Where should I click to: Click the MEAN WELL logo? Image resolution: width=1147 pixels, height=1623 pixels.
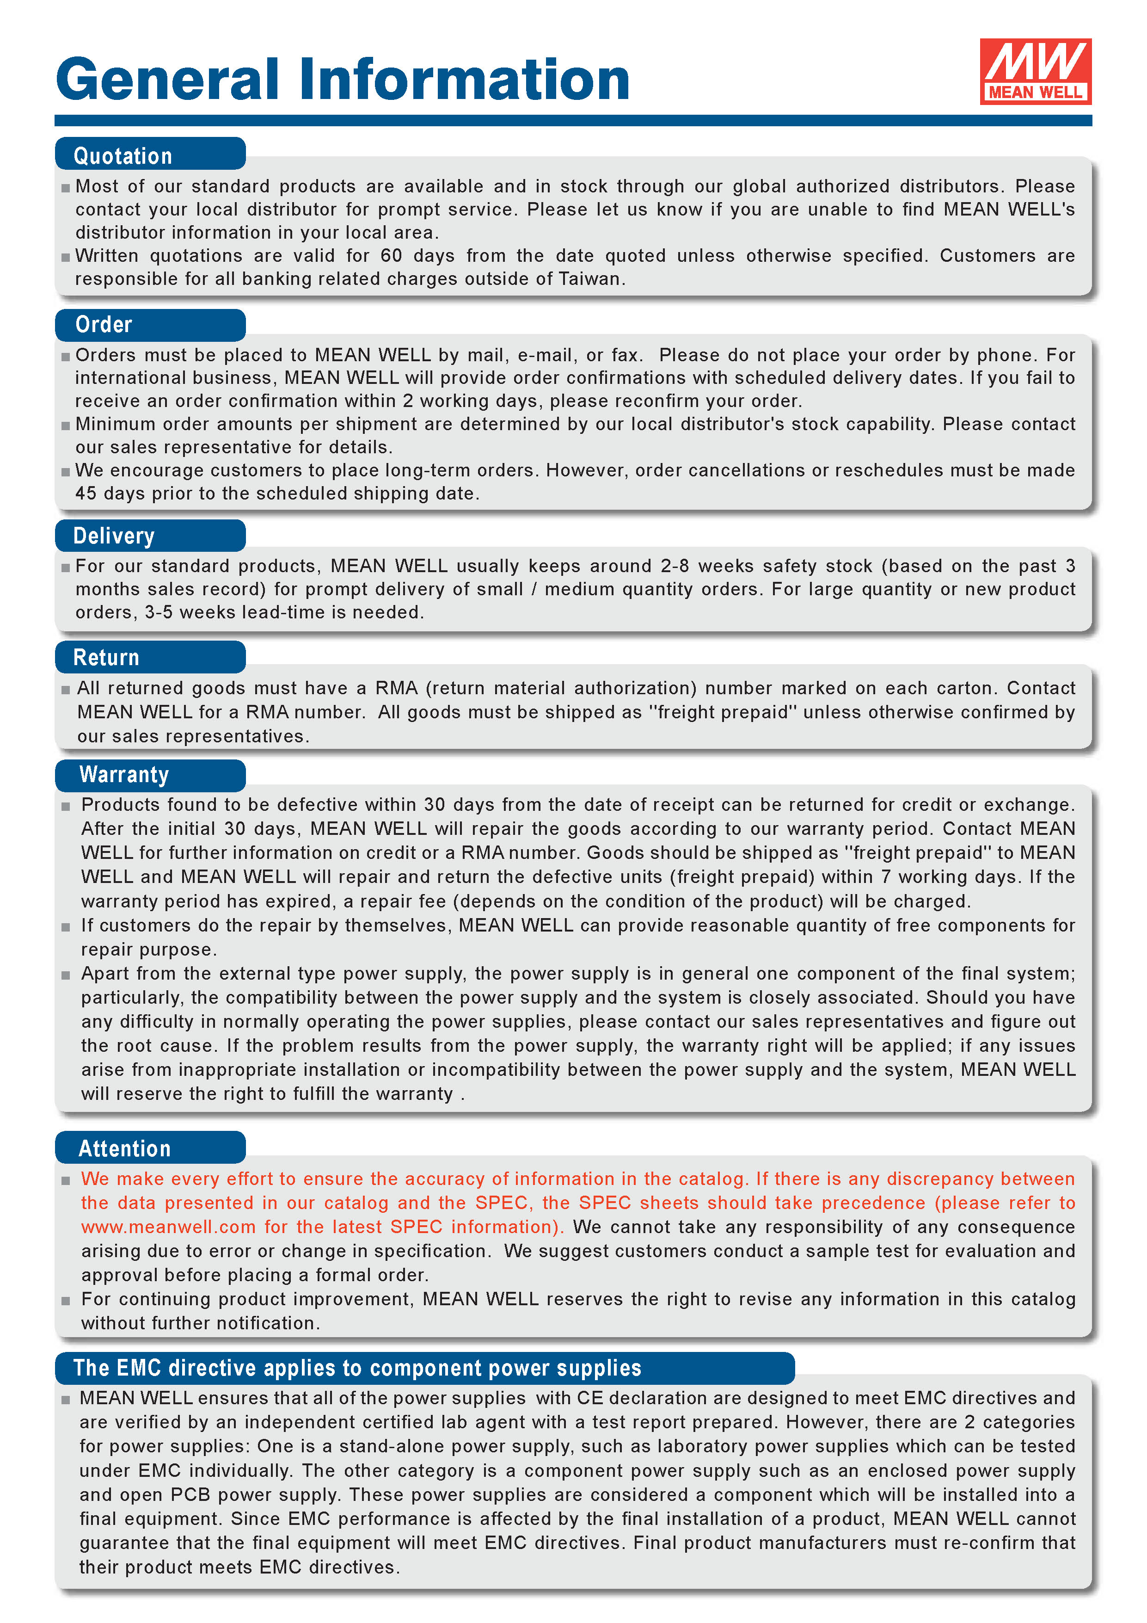[x=1035, y=71]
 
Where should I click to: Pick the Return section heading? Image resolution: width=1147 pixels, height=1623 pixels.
[x=106, y=657]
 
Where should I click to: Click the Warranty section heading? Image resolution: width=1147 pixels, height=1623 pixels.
[x=124, y=775]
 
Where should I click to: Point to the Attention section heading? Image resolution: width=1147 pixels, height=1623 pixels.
[x=124, y=1149]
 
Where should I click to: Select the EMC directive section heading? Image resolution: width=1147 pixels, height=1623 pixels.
[x=357, y=1368]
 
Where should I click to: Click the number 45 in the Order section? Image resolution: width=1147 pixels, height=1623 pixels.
[x=86, y=494]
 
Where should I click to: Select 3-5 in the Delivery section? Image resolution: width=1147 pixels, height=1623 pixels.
[x=158, y=613]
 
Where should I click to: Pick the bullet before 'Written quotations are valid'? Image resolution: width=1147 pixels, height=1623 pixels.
[x=66, y=257]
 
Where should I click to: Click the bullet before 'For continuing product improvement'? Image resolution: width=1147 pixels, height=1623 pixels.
[x=66, y=1301]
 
